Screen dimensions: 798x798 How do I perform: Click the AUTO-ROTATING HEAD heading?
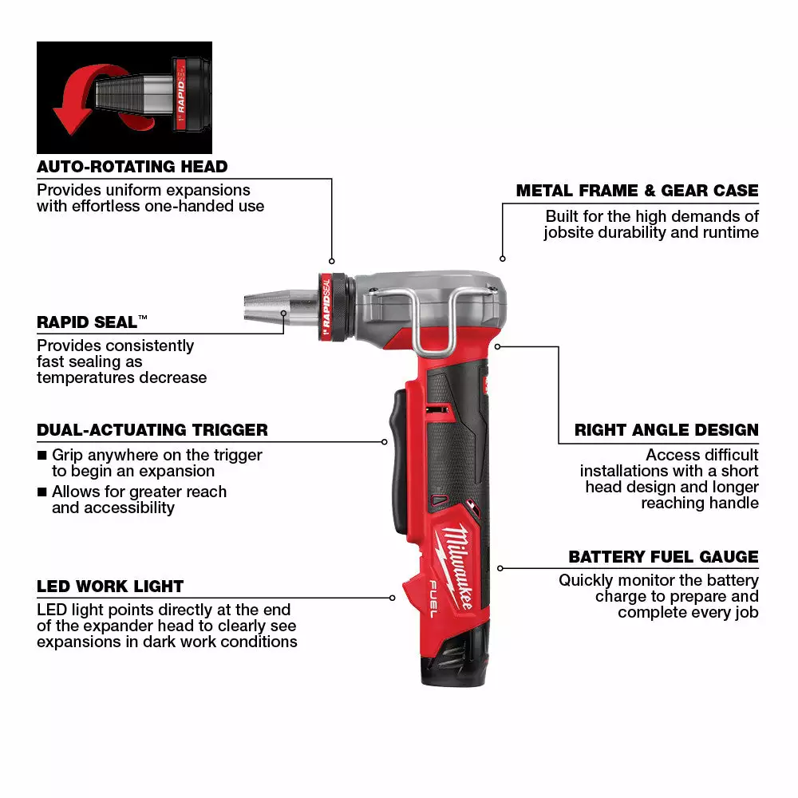click(132, 167)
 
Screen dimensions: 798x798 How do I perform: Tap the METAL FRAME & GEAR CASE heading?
click(637, 191)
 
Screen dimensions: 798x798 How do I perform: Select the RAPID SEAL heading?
click(88, 322)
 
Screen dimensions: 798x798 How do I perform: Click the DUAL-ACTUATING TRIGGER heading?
click(152, 430)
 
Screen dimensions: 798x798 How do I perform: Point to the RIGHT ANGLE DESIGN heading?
click(666, 430)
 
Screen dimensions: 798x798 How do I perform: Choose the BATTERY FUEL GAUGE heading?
click(663, 557)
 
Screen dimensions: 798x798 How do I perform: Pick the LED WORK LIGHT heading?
click(110, 587)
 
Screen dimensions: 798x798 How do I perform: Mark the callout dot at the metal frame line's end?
click(502, 259)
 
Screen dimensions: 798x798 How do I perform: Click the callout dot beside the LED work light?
click(393, 597)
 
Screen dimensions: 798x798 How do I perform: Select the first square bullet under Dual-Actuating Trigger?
click(42, 456)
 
